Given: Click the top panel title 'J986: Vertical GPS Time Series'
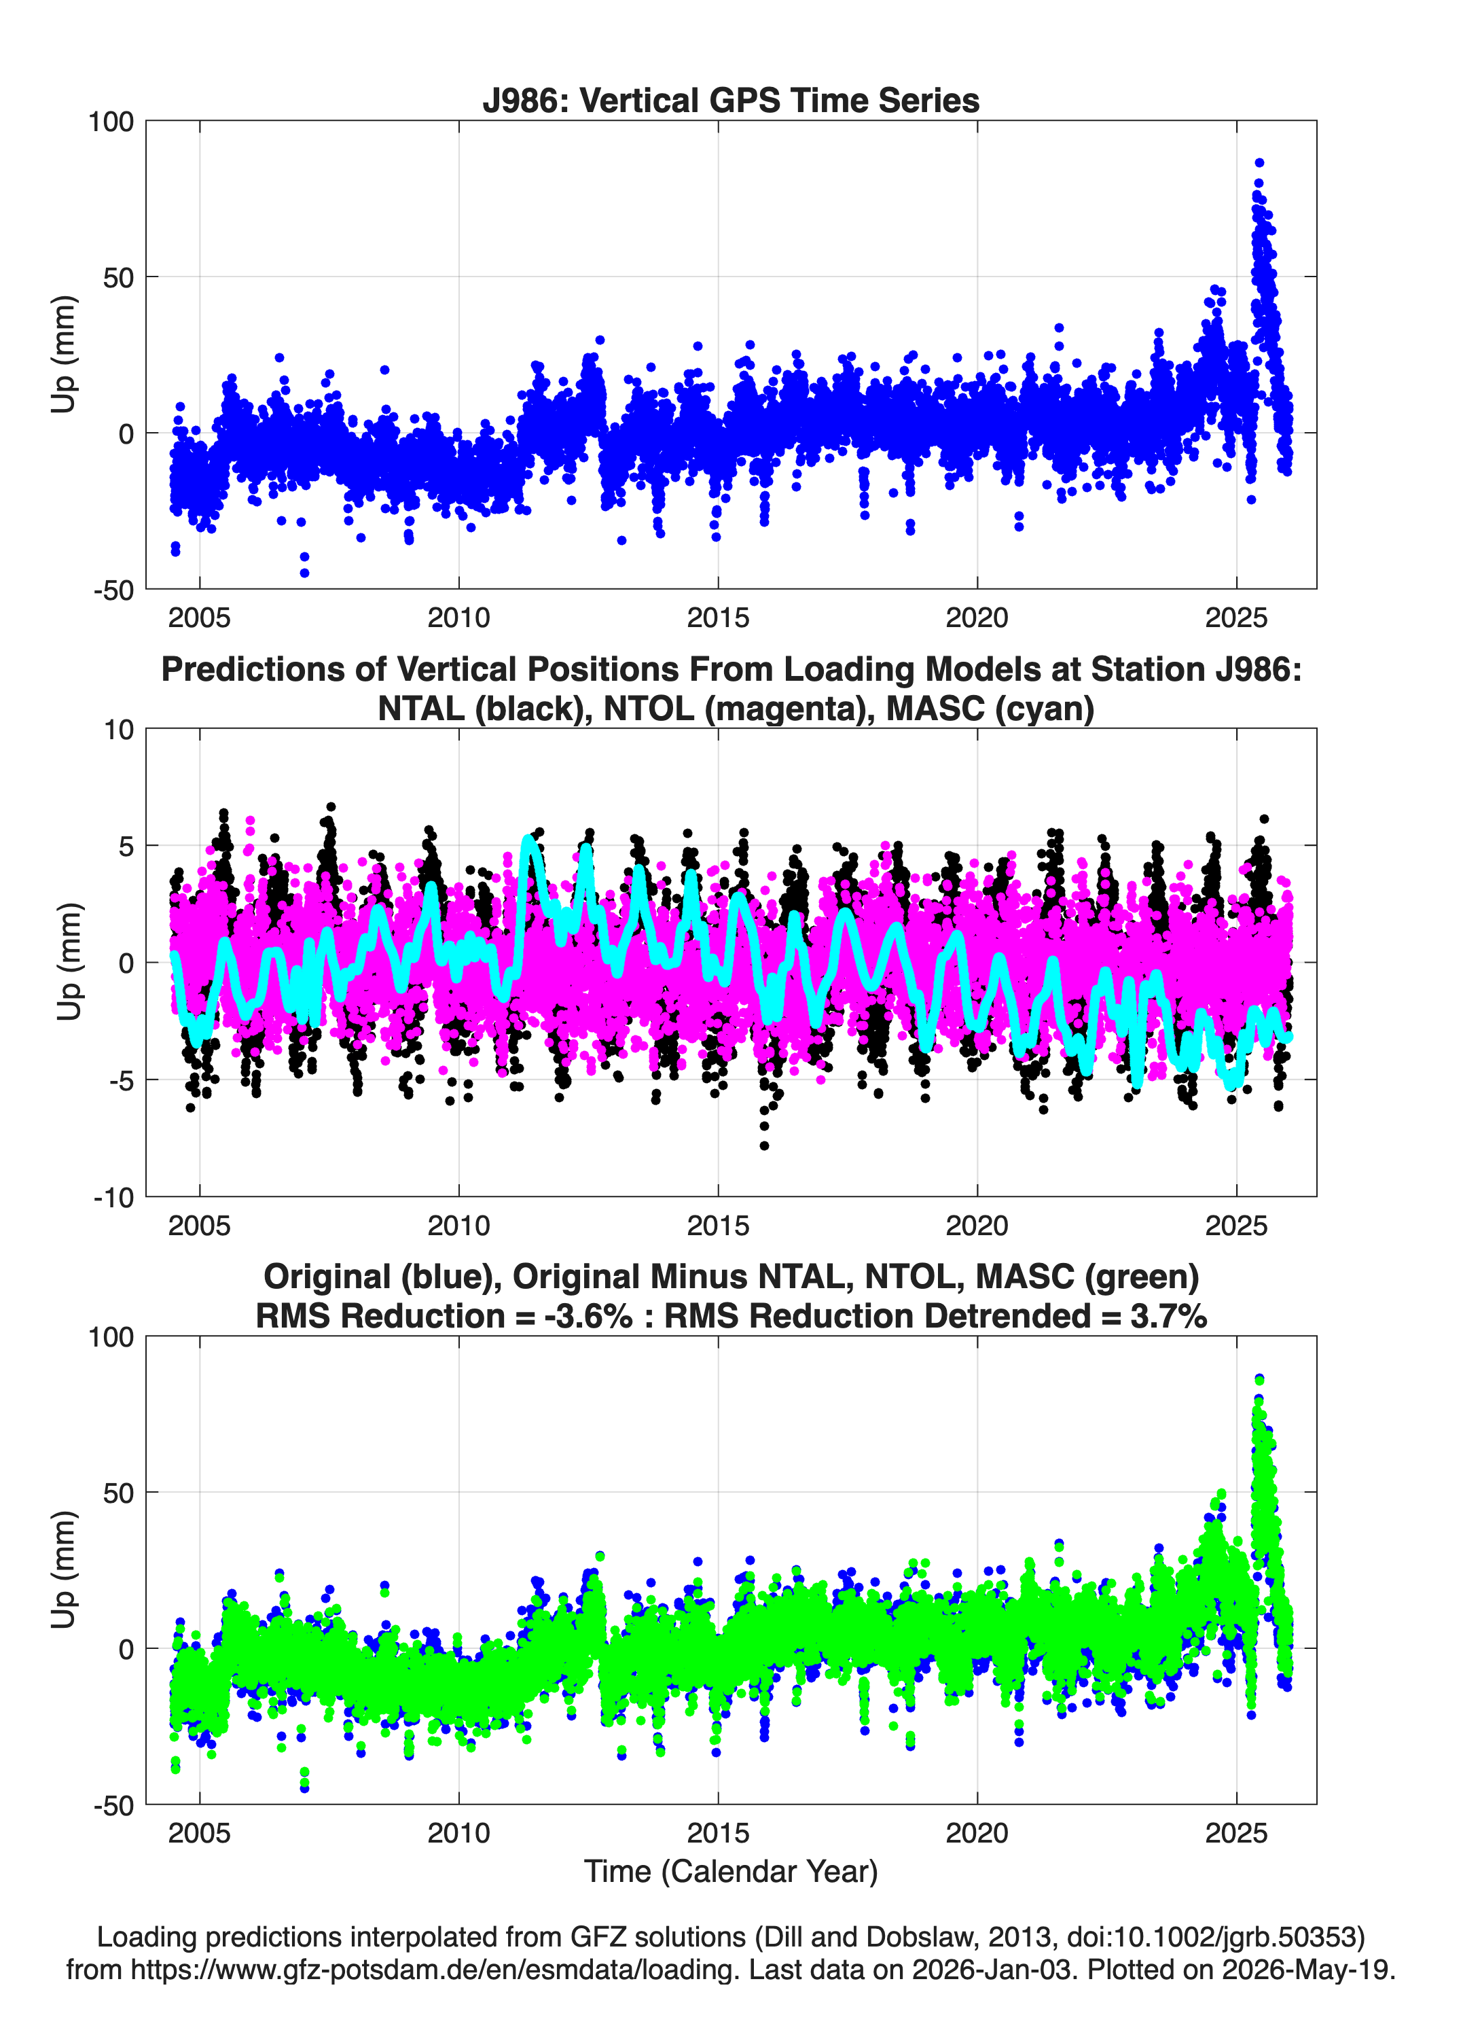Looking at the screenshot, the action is click(x=731, y=100).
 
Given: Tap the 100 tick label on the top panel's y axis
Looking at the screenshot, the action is click(x=111, y=122).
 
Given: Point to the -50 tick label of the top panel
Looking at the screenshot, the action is click(x=113, y=590).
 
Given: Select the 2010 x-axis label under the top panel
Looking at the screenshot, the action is click(x=458, y=618).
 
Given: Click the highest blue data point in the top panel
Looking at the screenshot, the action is click(x=1259, y=162).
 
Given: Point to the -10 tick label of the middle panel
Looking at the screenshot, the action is click(x=113, y=1198).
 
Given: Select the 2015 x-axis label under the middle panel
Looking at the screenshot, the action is click(x=718, y=1226).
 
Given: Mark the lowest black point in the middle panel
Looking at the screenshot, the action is click(x=763, y=1145).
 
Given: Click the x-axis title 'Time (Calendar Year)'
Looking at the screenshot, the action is click(x=731, y=1872).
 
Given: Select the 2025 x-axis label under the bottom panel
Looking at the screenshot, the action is click(x=1236, y=1833).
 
